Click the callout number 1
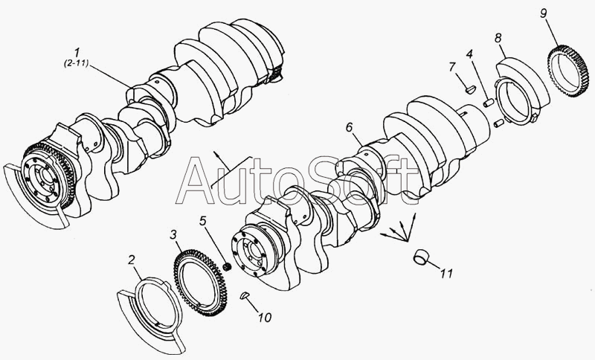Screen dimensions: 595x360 (x=77, y=52)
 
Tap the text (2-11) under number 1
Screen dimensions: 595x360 (x=76, y=63)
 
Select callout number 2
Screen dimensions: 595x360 (x=132, y=260)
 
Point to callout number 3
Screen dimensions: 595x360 (x=173, y=235)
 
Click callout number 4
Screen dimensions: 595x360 (x=470, y=54)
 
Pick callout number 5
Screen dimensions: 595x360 (x=203, y=220)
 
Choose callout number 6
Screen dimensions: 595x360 (x=350, y=127)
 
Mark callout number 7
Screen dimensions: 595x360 (x=451, y=67)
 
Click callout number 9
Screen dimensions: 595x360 (x=544, y=13)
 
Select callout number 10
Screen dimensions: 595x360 (x=265, y=317)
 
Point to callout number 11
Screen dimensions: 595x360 (x=446, y=273)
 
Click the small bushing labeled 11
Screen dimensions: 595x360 (x=420, y=257)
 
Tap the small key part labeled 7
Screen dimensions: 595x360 (x=470, y=89)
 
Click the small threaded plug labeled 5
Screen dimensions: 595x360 (x=228, y=267)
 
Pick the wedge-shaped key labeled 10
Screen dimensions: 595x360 (x=245, y=295)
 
